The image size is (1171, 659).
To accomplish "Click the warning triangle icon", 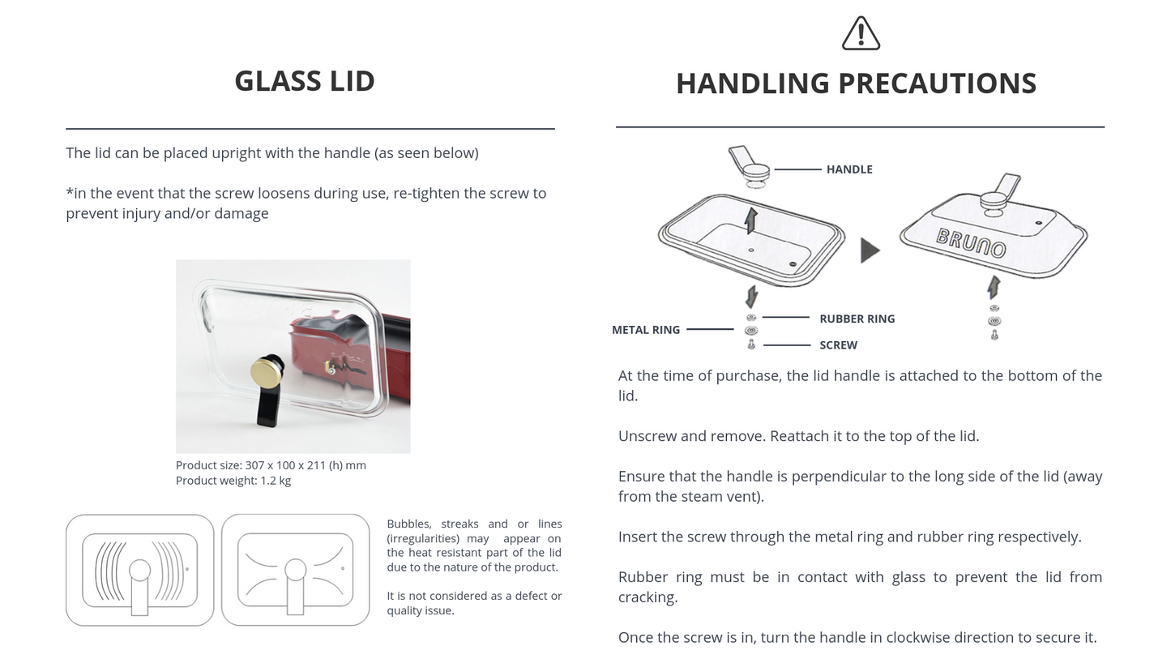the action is click(861, 33).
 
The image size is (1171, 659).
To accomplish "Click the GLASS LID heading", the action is click(305, 81).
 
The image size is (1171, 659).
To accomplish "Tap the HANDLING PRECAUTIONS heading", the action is click(857, 83).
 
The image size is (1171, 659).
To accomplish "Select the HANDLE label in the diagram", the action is click(849, 169).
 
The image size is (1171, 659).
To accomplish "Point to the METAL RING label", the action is click(646, 330).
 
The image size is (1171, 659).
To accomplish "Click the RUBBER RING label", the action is click(857, 319).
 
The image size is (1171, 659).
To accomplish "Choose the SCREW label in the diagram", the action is click(838, 345).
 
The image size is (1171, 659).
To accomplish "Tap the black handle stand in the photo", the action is click(269, 404).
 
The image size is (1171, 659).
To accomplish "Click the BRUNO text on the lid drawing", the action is click(970, 242).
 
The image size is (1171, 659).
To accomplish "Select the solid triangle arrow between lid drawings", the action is click(870, 250).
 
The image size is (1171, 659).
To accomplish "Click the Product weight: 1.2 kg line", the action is click(233, 481).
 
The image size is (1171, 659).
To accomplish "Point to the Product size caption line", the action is click(271, 465).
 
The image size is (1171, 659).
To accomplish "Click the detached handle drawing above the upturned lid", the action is click(749, 166).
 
